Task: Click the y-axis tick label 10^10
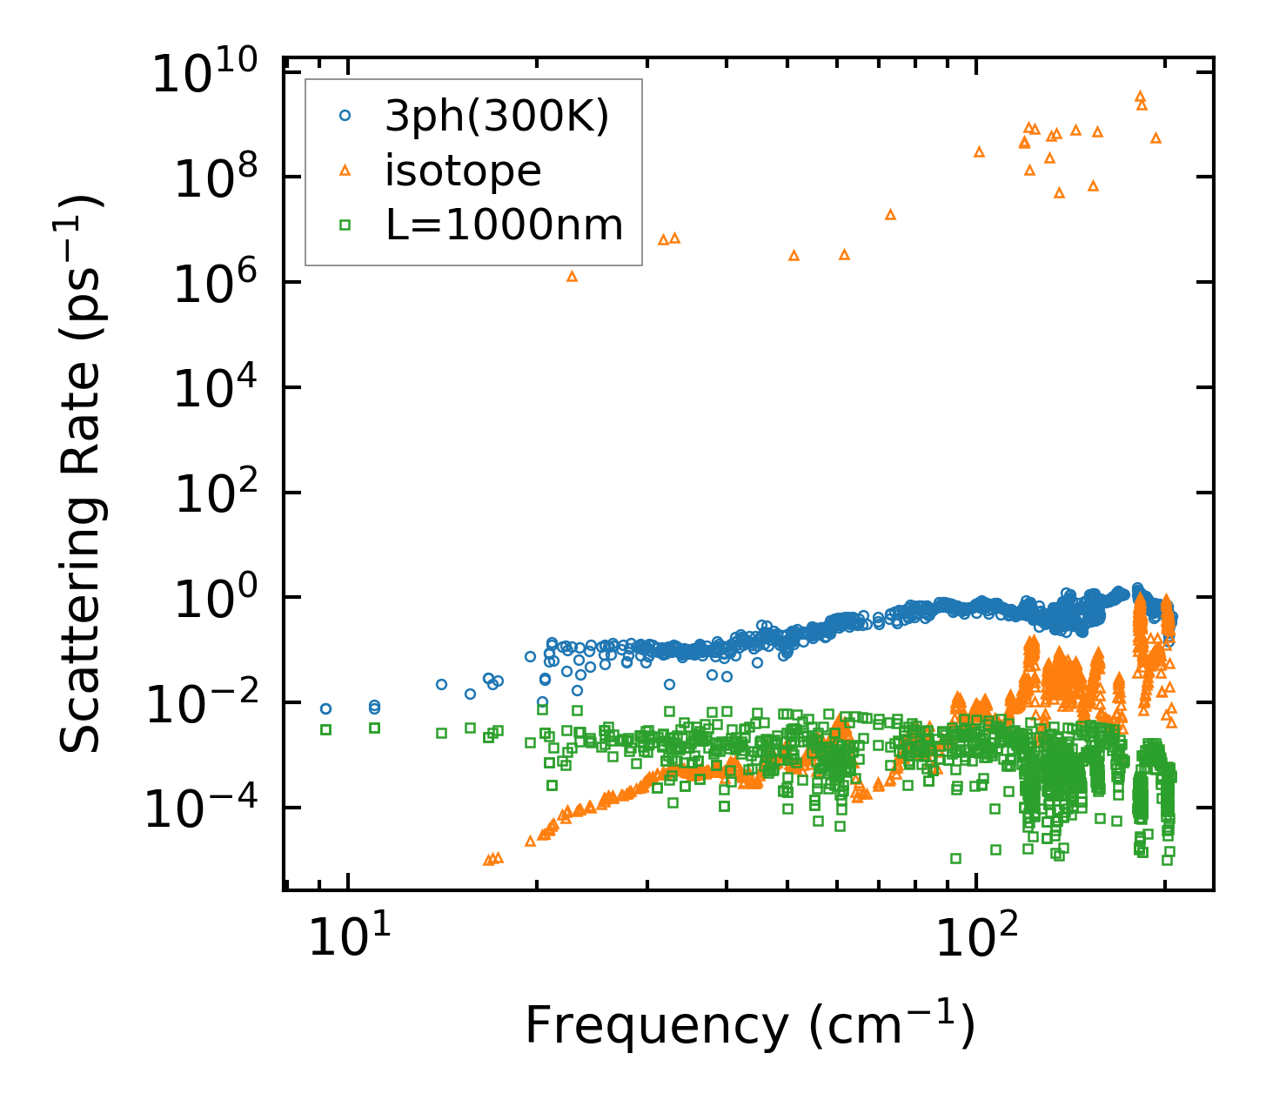[x=213, y=74]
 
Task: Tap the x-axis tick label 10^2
[x=979, y=937]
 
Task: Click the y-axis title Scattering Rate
[x=81, y=474]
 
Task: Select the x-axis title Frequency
[x=749, y=1025]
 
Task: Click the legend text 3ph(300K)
[x=497, y=116]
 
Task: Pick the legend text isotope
[x=463, y=171]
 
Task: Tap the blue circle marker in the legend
[x=345, y=115]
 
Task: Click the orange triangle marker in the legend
[x=345, y=171]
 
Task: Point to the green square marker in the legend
[x=345, y=225]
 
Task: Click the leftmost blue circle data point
[x=325, y=708]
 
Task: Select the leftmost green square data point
[x=325, y=729]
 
